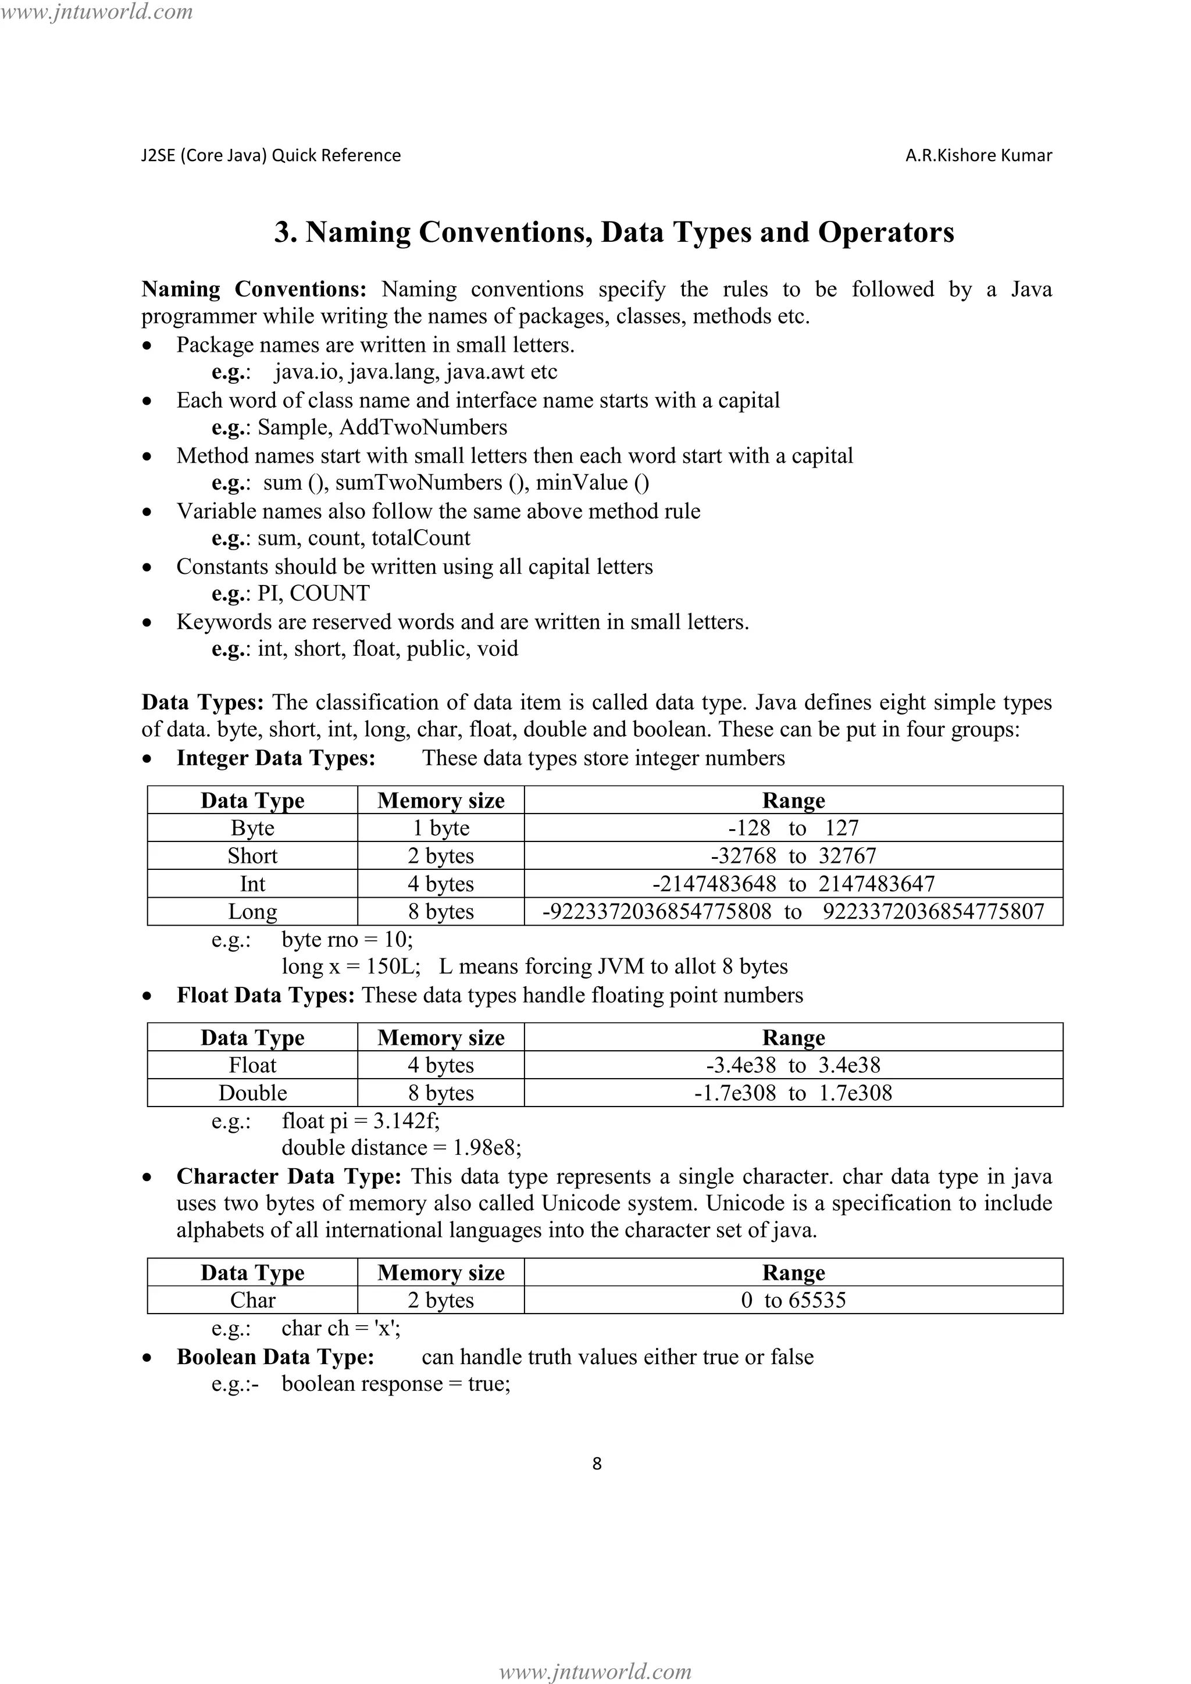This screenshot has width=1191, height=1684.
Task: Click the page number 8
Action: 596,1463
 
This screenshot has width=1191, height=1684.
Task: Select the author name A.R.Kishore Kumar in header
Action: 978,155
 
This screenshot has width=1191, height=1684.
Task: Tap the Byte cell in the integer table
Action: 252,828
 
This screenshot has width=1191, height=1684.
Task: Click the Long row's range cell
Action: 793,912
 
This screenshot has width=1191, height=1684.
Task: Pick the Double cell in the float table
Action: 252,1093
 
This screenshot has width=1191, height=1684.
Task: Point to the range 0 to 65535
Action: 793,1300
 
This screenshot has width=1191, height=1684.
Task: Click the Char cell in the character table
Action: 252,1300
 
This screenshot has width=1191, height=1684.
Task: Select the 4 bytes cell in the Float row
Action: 441,1065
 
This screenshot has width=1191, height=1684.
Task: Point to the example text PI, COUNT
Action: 313,593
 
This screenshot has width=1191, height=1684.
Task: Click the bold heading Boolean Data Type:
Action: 275,1357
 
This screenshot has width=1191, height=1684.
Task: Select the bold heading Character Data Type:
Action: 288,1176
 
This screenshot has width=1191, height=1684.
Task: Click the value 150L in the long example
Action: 393,966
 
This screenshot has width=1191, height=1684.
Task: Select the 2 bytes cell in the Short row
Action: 441,856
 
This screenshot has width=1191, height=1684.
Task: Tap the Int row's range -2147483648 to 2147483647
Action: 793,884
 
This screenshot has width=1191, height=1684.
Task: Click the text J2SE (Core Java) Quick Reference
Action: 270,155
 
